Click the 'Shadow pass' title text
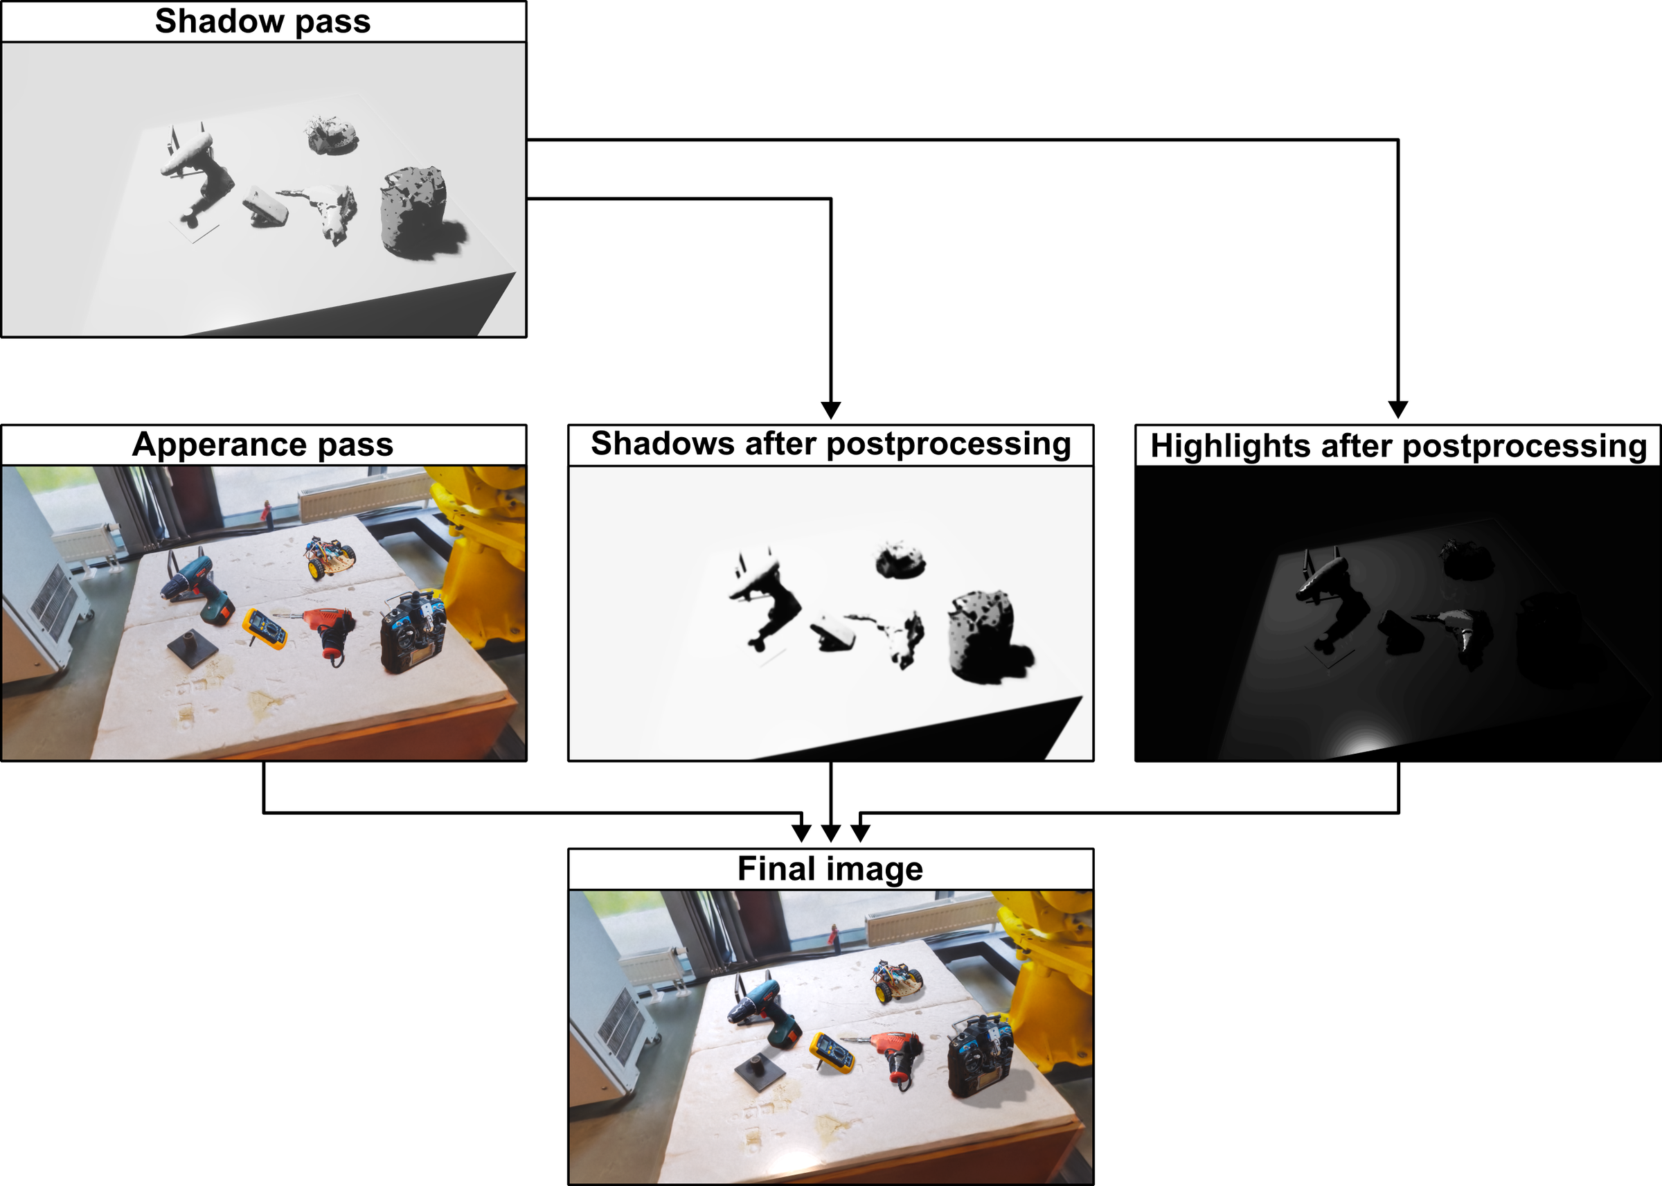(262, 21)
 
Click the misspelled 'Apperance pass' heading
(262, 445)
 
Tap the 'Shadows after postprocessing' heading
(830, 444)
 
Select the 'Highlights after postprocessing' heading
(1398, 446)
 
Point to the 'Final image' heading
(830, 869)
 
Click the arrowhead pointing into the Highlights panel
(1397, 409)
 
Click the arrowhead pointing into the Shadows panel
(830, 409)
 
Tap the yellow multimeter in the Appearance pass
(265, 628)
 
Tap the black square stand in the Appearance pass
(192, 646)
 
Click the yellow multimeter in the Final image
(833, 1052)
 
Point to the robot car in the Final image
(897, 981)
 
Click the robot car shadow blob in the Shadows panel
(900, 560)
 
